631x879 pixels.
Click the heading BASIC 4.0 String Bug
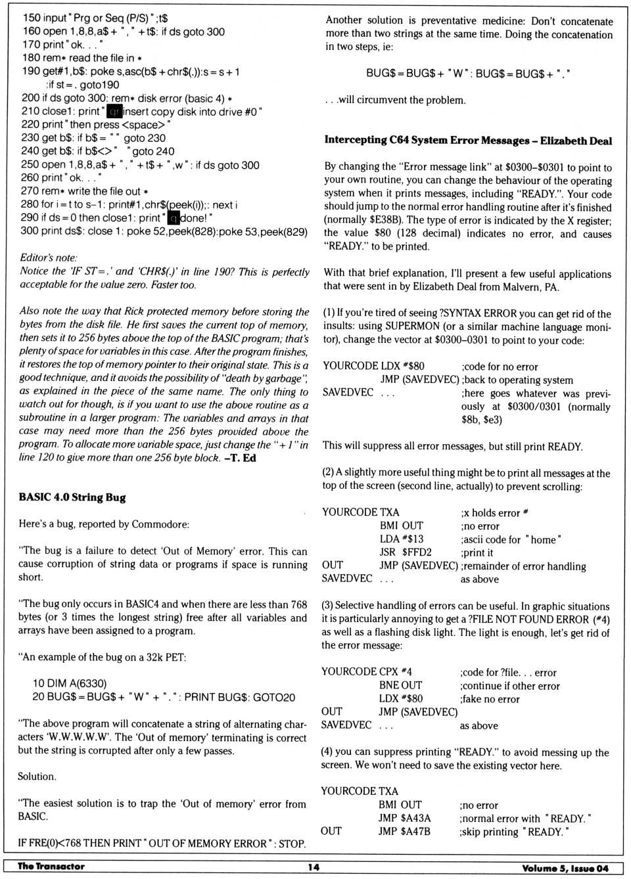click(x=72, y=497)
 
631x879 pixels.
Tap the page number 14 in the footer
click(x=314, y=867)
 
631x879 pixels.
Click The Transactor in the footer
click(x=51, y=867)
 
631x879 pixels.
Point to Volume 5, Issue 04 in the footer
click(x=565, y=868)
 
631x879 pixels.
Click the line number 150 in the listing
click(x=31, y=18)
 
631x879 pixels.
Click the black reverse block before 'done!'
click(x=174, y=217)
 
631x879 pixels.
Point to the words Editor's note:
click(x=49, y=258)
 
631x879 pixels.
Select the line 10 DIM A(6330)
click(x=70, y=683)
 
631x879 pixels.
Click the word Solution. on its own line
click(x=37, y=776)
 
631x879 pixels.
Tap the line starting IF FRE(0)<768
click(x=162, y=843)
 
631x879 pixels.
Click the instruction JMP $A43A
click(x=404, y=818)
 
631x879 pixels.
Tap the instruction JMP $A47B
click(x=404, y=831)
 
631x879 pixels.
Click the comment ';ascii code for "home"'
click(x=511, y=539)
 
